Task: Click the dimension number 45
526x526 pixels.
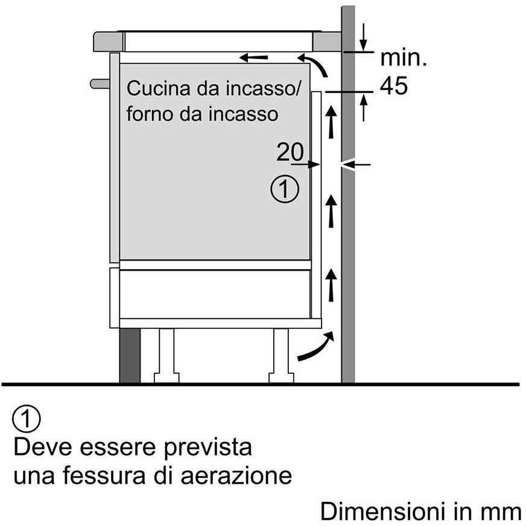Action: pos(394,86)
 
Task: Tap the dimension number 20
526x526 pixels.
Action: pos(290,152)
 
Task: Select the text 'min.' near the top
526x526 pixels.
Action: pos(403,58)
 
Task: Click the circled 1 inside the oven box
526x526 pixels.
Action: pos(285,189)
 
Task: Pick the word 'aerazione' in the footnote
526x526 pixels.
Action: pos(236,476)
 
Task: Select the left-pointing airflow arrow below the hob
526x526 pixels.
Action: pos(253,58)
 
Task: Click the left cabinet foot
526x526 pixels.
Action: pos(166,355)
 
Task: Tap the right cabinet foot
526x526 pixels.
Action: pos(281,355)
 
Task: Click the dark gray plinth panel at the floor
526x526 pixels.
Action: pos(130,355)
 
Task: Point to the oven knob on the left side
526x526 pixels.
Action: pos(100,84)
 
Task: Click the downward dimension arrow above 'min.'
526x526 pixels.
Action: pos(363,37)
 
